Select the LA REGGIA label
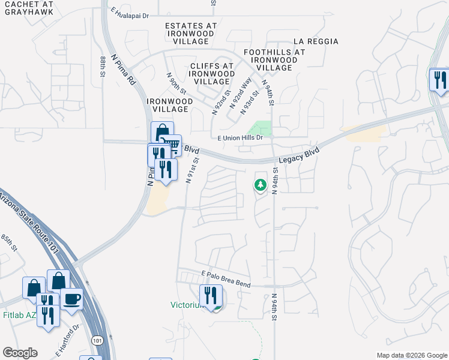click(316, 41)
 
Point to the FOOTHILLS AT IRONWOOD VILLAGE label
click(274, 60)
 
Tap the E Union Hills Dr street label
click(240, 137)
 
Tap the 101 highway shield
click(97, 340)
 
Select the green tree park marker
click(261, 185)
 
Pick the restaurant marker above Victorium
click(211, 295)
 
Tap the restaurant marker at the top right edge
click(439, 80)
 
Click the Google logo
click(20, 352)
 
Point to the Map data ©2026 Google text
click(411, 355)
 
